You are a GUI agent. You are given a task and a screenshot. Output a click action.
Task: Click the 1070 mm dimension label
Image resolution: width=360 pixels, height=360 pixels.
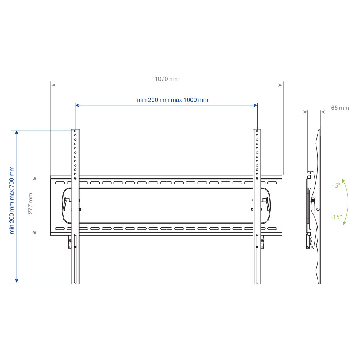(167, 79)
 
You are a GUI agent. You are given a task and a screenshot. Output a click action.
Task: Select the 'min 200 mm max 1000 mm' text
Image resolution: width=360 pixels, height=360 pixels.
(172, 100)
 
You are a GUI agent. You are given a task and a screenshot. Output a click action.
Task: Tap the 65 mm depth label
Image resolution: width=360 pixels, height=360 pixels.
(340, 108)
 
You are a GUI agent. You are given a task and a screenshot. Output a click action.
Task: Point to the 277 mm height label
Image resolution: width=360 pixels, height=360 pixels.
(30, 203)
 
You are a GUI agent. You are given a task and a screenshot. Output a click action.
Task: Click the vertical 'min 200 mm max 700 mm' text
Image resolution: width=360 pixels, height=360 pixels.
(12, 200)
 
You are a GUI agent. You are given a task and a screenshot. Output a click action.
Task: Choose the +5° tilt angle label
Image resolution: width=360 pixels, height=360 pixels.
(336, 185)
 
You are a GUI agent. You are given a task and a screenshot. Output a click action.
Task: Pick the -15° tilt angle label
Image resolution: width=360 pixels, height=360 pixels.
(336, 217)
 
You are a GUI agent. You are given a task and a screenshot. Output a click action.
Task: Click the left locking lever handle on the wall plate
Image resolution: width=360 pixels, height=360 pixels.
(66, 204)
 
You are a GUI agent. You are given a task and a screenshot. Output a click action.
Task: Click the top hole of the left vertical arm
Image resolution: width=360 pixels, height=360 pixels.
(75, 131)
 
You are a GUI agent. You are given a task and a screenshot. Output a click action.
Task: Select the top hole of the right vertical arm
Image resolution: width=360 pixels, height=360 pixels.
(257, 131)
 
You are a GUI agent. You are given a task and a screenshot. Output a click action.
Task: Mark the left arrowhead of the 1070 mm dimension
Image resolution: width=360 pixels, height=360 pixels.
(53, 85)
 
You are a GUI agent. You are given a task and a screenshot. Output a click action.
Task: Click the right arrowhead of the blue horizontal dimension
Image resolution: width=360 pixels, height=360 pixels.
(255, 105)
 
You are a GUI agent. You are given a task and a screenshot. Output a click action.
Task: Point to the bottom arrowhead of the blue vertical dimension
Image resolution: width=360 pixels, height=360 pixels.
(17, 280)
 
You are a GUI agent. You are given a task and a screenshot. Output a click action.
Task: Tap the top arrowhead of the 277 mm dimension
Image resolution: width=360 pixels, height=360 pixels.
(35, 179)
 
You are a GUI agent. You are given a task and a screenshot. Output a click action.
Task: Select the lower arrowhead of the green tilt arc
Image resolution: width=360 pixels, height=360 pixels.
(344, 223)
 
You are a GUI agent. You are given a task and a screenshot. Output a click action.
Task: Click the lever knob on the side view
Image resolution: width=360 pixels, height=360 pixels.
(313, 204)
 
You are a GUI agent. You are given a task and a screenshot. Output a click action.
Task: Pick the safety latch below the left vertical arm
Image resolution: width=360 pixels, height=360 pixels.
(70, 242)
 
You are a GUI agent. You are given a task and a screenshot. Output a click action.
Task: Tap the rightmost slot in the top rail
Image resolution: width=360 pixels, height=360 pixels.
(272, 183)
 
